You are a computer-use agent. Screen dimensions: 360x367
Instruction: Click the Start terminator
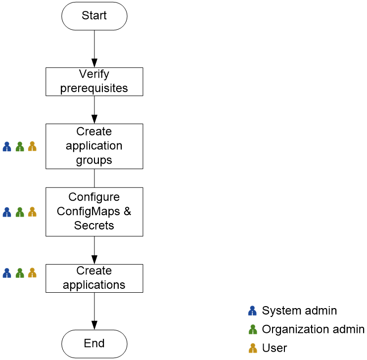click(94, 16)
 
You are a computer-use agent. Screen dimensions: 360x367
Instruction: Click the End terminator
click(94, 343)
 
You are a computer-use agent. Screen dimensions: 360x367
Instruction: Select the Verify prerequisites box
click(94, 82)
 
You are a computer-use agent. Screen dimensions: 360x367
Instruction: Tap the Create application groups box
click(94, 146)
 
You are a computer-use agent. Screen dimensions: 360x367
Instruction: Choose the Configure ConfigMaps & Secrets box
click(94, 212)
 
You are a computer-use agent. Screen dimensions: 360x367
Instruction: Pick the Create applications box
click(94, 278)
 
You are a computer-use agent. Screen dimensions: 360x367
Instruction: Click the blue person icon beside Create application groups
click(7, 147)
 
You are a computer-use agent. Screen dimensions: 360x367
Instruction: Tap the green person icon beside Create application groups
click(20, 147)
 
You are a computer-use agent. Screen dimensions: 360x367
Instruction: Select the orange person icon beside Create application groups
click(32, 147)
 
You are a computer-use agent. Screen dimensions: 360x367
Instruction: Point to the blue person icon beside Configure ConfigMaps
click(7, 212)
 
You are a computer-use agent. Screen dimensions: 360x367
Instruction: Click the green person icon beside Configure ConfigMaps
click(20, 212)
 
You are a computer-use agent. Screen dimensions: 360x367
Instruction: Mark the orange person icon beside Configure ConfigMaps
click(32, 212)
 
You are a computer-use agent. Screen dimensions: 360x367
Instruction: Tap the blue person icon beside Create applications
click(7, 273)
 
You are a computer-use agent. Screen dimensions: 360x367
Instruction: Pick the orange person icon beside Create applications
click(32, 273)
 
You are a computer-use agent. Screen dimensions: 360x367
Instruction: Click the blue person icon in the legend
click(252, 311)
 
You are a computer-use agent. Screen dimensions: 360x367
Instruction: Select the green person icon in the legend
click(252, 329)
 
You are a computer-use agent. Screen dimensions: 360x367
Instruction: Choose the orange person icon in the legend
click(252, 348)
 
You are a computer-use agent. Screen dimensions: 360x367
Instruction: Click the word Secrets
click(94, 225)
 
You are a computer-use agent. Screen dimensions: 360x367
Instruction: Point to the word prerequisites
click(94, 89)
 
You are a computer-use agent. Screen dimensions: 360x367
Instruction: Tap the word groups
click(94, 160)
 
